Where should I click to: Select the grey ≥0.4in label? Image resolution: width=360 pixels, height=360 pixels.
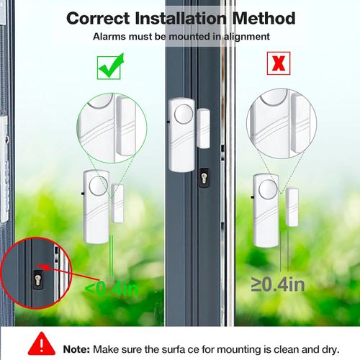(277, 284)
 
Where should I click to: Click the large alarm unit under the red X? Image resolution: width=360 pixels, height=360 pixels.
(266, 206)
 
